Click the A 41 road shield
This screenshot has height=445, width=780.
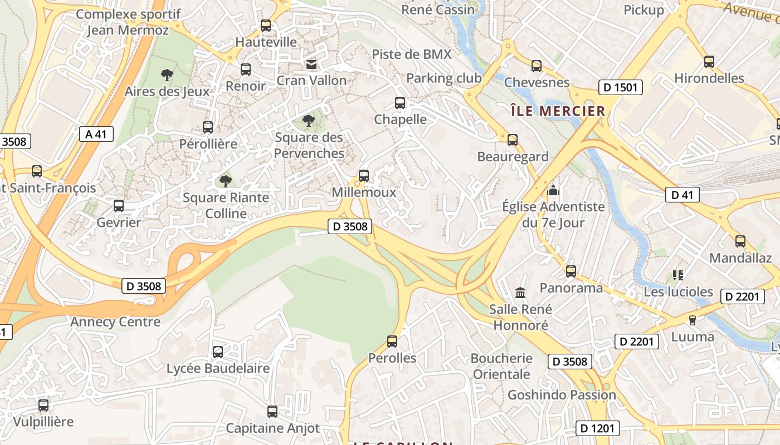tap(96, 134)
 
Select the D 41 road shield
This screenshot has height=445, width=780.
tap(682, 195)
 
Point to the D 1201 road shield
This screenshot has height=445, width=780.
tap(597, 428)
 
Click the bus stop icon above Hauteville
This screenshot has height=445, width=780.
tap(266, 25)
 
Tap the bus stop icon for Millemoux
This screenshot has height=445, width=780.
tap(364, 175)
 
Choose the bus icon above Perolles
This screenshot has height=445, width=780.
tap(392, 341)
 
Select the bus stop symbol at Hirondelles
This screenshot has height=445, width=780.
tap(709, 61)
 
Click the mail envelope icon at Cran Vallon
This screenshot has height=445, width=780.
tap(311, 65)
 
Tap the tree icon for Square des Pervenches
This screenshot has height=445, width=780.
tap(308, 120)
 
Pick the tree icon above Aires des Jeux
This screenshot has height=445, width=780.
tap(167, 75)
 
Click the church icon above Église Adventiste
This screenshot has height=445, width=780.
tap(553, 190)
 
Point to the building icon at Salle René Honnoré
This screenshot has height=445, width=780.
tap(520, 292)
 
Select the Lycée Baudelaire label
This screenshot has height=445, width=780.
tap(218, 368)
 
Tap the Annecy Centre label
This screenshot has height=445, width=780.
tap(115, 322)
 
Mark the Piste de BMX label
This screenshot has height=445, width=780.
tap(412, 54)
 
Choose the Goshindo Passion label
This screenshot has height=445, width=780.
tap(562, 395)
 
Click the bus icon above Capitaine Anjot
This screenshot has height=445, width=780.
tap(272, 412)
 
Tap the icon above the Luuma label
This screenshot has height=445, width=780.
tap(693, 320)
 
